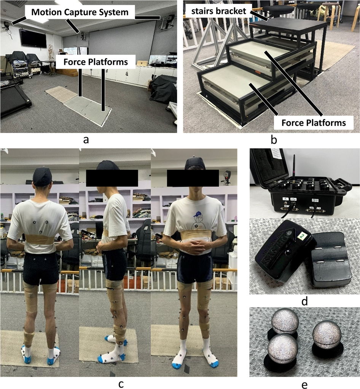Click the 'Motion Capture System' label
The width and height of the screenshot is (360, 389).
pos(80,12)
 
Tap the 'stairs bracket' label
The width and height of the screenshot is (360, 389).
pos(219,11)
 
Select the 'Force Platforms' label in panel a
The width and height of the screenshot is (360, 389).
pos(96,62)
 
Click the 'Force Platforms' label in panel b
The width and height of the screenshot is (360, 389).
pos(314,123)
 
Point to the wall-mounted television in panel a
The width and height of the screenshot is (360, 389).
pos(33,38)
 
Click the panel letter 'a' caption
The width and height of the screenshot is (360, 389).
pos(86,140)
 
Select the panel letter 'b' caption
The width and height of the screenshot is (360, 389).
pos(274,140)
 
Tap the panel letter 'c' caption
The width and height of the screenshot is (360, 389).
pos(121,384)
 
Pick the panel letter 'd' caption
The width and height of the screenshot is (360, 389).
pos(304,301)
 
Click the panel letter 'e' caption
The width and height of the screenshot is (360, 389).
pos(304,384)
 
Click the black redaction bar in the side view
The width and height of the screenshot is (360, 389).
pos(112,178)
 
